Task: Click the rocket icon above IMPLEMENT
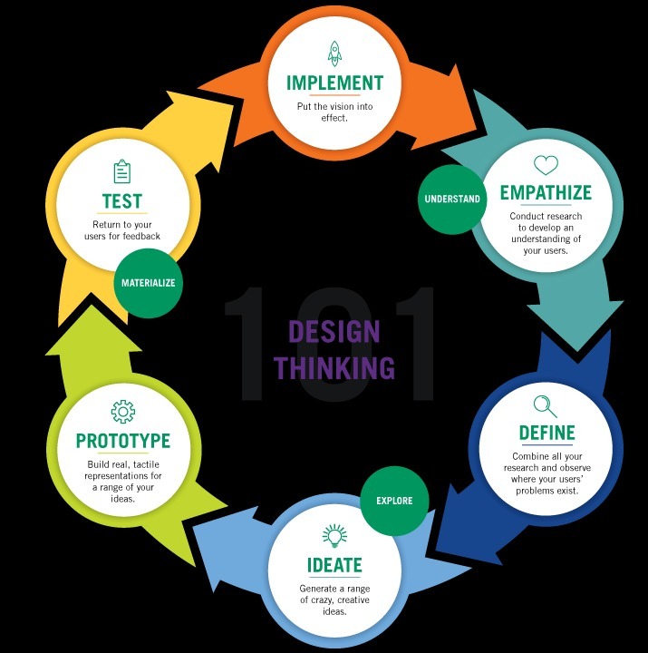(334, 53)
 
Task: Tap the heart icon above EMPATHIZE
(546, 165)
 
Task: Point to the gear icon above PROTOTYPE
(123, 413)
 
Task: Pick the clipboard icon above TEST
(122, 171)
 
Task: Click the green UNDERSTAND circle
(451, 199)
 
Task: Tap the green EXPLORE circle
(393, 500)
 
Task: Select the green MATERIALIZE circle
(148, 282)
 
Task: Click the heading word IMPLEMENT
(334, 83)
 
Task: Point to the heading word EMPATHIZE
(546, 193)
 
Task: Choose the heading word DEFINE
(546, 433)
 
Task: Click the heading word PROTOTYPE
(123, 442)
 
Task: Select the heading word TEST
(122, 200)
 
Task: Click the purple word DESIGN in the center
(334, 331)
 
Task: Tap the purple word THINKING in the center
(334, 367)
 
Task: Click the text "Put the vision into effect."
(334, 112)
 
